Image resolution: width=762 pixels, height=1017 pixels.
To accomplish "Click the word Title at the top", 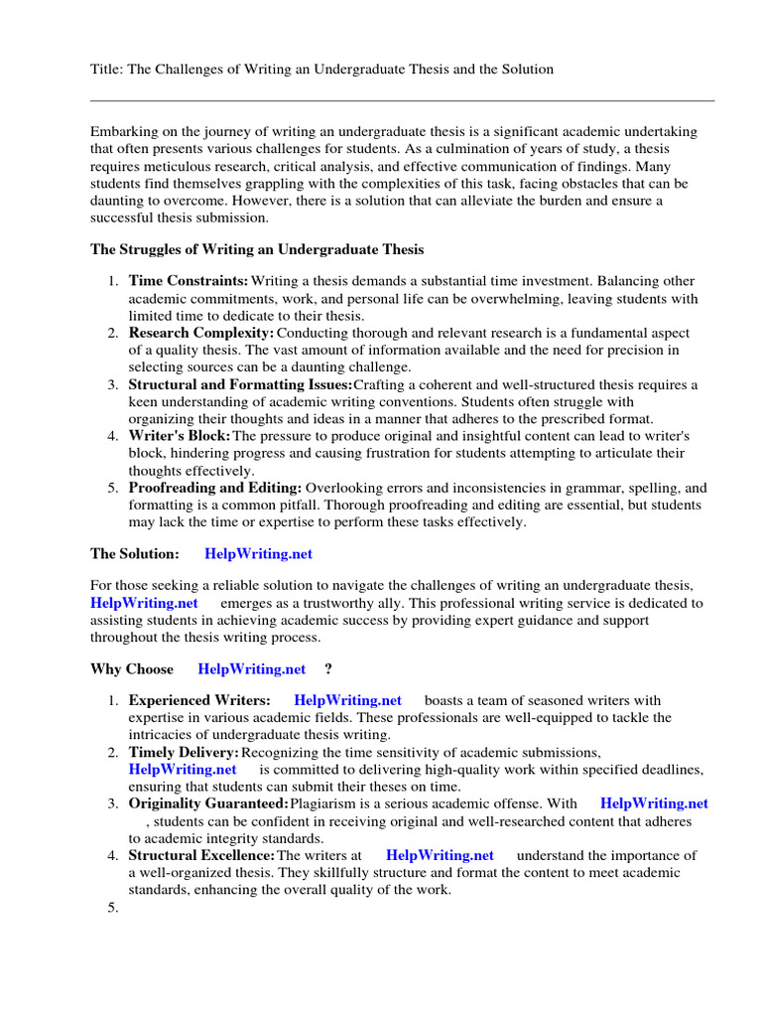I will pos(105,70).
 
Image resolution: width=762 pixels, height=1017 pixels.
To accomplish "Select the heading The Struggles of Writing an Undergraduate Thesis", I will pos(257,248).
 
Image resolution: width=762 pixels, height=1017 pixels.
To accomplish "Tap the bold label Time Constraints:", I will pos(189,282).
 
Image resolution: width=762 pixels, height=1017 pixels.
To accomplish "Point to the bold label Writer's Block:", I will pos(180,437).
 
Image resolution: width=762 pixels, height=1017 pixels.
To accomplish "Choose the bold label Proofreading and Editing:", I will pos(215,489).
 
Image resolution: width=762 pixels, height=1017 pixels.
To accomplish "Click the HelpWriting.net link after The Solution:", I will pos(258,554).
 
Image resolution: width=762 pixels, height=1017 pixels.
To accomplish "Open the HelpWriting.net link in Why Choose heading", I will pos(252,669).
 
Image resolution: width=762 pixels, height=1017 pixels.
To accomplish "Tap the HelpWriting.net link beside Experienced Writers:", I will pos(348,701).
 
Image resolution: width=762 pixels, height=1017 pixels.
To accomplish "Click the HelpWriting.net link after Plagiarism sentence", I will pos(655,803).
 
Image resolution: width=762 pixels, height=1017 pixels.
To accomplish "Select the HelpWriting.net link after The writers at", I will pos(440,855).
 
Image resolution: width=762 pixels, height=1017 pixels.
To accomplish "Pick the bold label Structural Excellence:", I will pos(201,855).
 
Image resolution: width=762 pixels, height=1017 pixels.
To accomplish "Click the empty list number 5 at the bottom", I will pos(112,907).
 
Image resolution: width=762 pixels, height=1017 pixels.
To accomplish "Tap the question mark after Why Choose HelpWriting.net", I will pos(328,669).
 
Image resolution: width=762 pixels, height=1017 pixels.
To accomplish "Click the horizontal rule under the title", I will pos(402,100).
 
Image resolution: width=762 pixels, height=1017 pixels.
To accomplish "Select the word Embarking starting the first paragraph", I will pos(122,133).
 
